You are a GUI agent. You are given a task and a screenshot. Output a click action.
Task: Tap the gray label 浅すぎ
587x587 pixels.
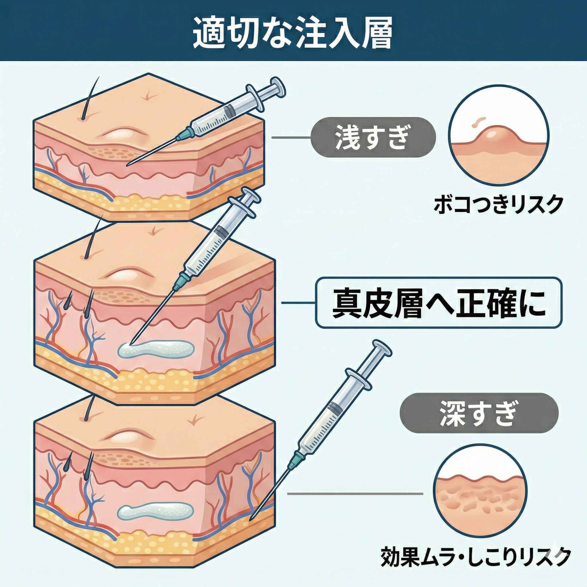point(373,138)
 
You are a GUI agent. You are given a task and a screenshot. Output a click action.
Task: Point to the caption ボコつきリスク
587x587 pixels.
point(497,206)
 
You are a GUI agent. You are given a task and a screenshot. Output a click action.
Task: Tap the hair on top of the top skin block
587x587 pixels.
point(90,100)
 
